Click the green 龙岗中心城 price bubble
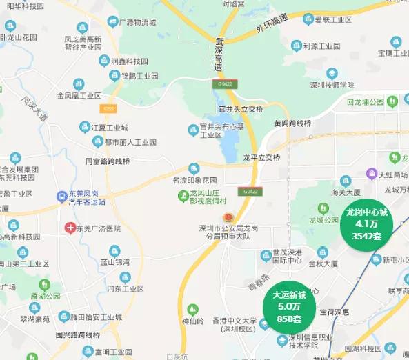[368, 224]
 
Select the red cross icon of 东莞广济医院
[70, 228]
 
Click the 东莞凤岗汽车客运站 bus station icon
[63, 197]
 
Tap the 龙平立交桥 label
[262, 157]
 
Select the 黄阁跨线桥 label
[293, 123]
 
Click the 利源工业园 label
[322, 46]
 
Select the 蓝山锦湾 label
[115, 261]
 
